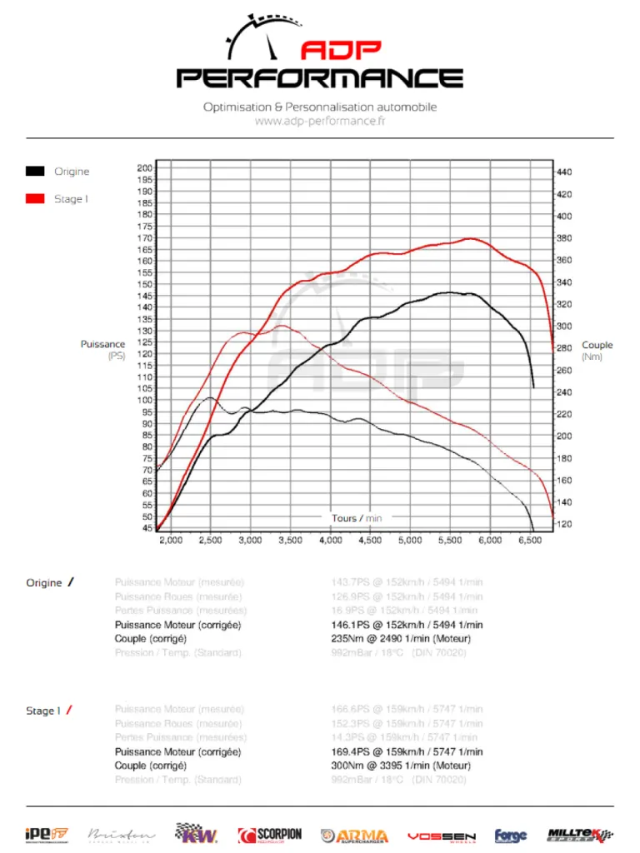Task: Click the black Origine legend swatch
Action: tap(34, 172)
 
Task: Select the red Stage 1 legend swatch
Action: tap(34, 199)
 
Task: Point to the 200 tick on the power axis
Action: tap(144, 167)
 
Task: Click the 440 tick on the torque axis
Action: tap(564, 172)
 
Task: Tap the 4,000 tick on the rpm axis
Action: tap(330, 541)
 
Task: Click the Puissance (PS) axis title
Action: tap(103, 350)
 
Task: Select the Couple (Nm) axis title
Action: tap(597, 351)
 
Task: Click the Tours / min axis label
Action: tap(357, 518)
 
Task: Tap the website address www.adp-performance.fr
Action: tap(320, 122)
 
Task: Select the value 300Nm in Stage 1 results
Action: tap(347, 766)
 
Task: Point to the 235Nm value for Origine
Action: tap(347, 639)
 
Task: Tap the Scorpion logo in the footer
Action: tap(270, 835)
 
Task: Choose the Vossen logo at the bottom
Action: tap(441, 836)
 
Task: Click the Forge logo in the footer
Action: tap(511, 836)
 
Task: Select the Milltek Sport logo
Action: tap(580, 835)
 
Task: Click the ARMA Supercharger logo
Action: tap(354, 836)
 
